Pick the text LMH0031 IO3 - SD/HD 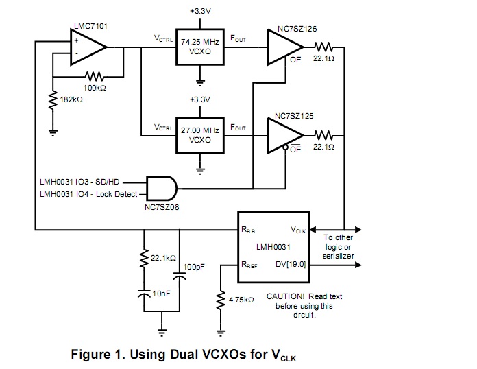(x=80, y=182)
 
